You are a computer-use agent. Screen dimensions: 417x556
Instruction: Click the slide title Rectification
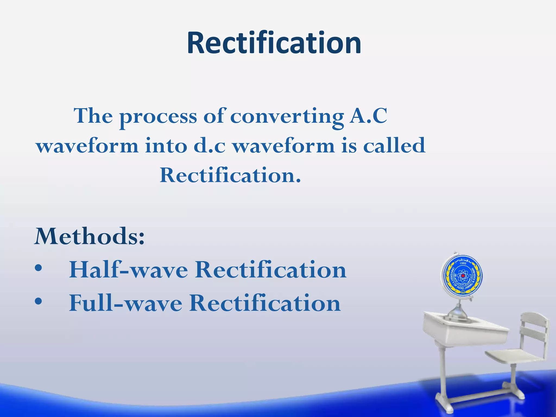click(274, 43)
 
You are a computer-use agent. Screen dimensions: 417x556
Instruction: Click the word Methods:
click(89, 236)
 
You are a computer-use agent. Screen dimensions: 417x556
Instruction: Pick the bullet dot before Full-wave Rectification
click(38, 301)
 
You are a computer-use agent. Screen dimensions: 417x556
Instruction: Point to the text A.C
click(368, 116)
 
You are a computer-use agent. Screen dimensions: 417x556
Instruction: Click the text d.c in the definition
click(209, 146)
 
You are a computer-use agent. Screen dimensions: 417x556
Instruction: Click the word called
click(394, 146)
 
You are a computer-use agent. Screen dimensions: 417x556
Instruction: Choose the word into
click(166, 146)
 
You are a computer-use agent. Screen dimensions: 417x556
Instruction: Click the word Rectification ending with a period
click(230, 175)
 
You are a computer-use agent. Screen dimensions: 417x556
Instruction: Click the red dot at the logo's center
click(463, 276)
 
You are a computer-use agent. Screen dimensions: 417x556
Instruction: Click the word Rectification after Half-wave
click(270, 270)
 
